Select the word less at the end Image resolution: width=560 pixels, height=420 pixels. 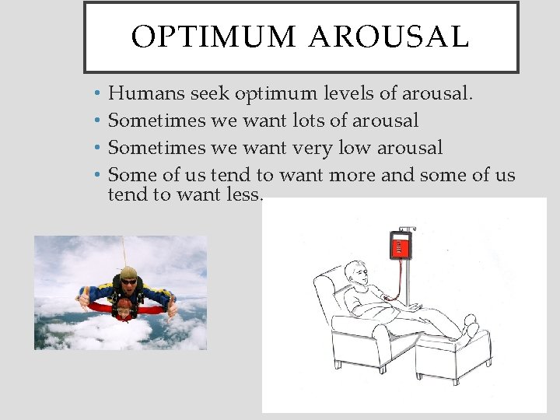(x=242, y=194)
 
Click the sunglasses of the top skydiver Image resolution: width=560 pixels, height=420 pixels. (x=128, y=282)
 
